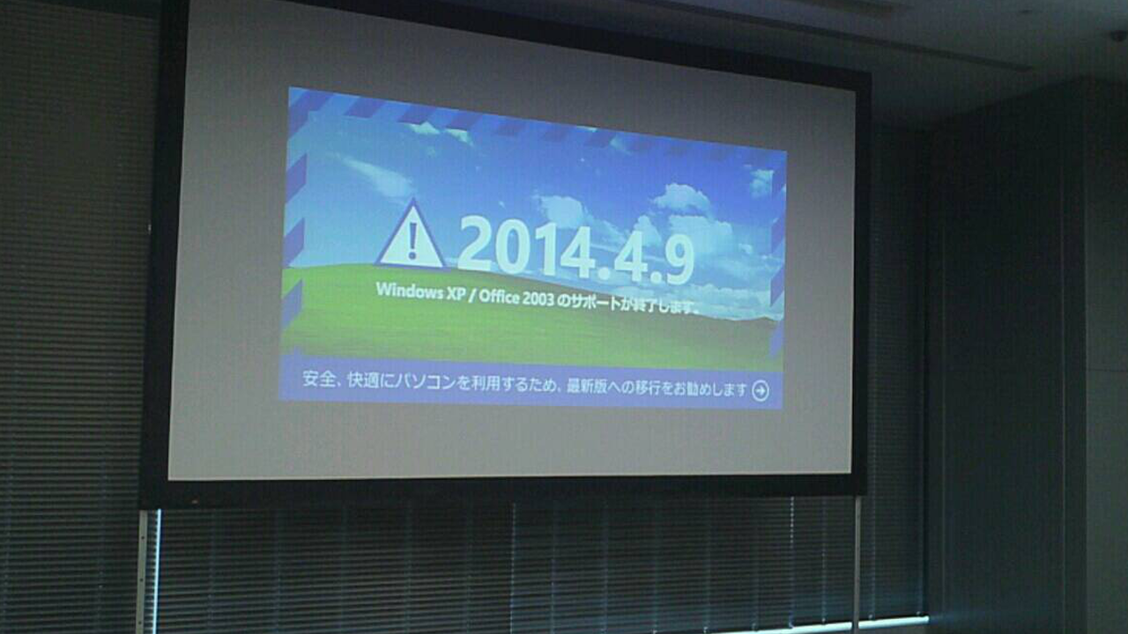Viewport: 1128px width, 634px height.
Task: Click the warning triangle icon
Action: [x=411, y=238]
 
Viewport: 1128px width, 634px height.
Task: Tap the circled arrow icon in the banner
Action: [x=761, y=391]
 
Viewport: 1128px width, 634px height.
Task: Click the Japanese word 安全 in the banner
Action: [x=316, y=379]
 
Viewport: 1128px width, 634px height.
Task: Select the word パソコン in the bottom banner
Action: [x=425, y=382]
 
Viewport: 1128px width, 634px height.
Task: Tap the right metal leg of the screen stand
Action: [x=856, y=564]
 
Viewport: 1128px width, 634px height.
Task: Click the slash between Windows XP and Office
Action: [x=472, y=295]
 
